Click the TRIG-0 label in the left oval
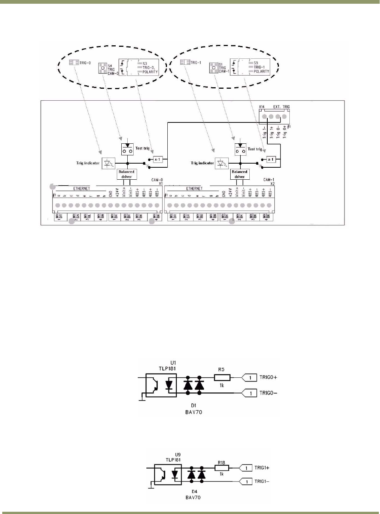pyautogui.click(x=85, y=63)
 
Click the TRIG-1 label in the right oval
pyautogui.click(x=195, y=63)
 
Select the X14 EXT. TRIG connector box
pyautogui.click(x=274, y=116)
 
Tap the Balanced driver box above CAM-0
pyautogui.click(x=127, y=174)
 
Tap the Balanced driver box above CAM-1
pyautogui.click(x=240, y=174)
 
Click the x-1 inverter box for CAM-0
pyautogui.click(x=158, y=159)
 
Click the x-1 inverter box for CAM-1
pyautogui.click(x=271, y=159)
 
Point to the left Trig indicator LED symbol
pyautogui.click(x=109, y=163)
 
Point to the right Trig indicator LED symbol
pyautogui.click(x=222, y=163)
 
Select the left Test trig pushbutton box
pyautogui.click(x=127, y=149)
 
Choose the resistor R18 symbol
pyautogui.click(x=222, y=468)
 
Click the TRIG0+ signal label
pyautogui.click(x=268, y=377)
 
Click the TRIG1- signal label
pyautogui.click(x=262, y=481)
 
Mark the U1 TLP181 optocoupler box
pyautogui.click(x=161, y=385)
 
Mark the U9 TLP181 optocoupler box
pyautogui.click(x=168, y=475)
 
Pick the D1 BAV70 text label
pyautogui.click(x=194, y=409)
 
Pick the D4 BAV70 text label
pyautogui.click(x=193, y=495)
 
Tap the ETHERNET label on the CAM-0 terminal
pyautogui.click(x=82, y=189)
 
